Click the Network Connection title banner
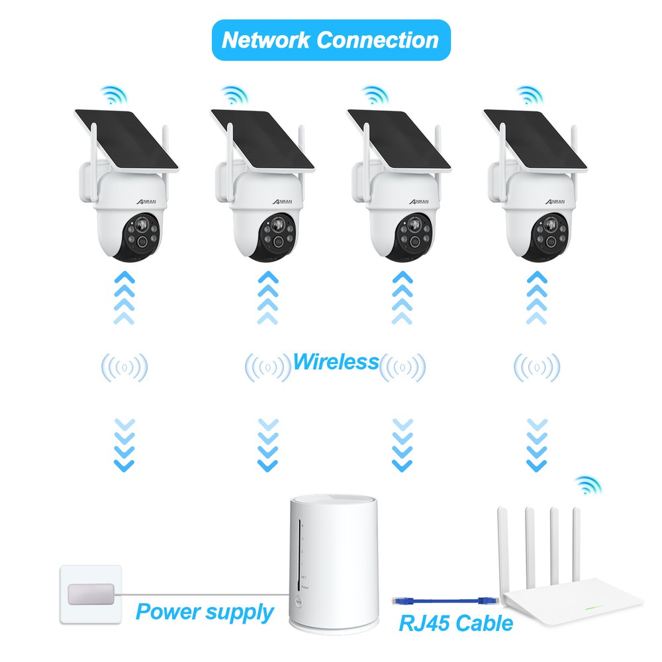click(x=330, y=40)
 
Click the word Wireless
click(x=335, y=362)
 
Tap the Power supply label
click(x=205, y=612)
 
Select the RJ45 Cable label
click(x=456, y=622)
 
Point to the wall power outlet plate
click(x=91, y=594)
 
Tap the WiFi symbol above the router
click(x=588, y=487)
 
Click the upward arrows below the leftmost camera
click(x=124, y=297)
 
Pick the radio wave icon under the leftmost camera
click(x=124, y=367)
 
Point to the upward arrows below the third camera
click(x=399, y=297)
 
